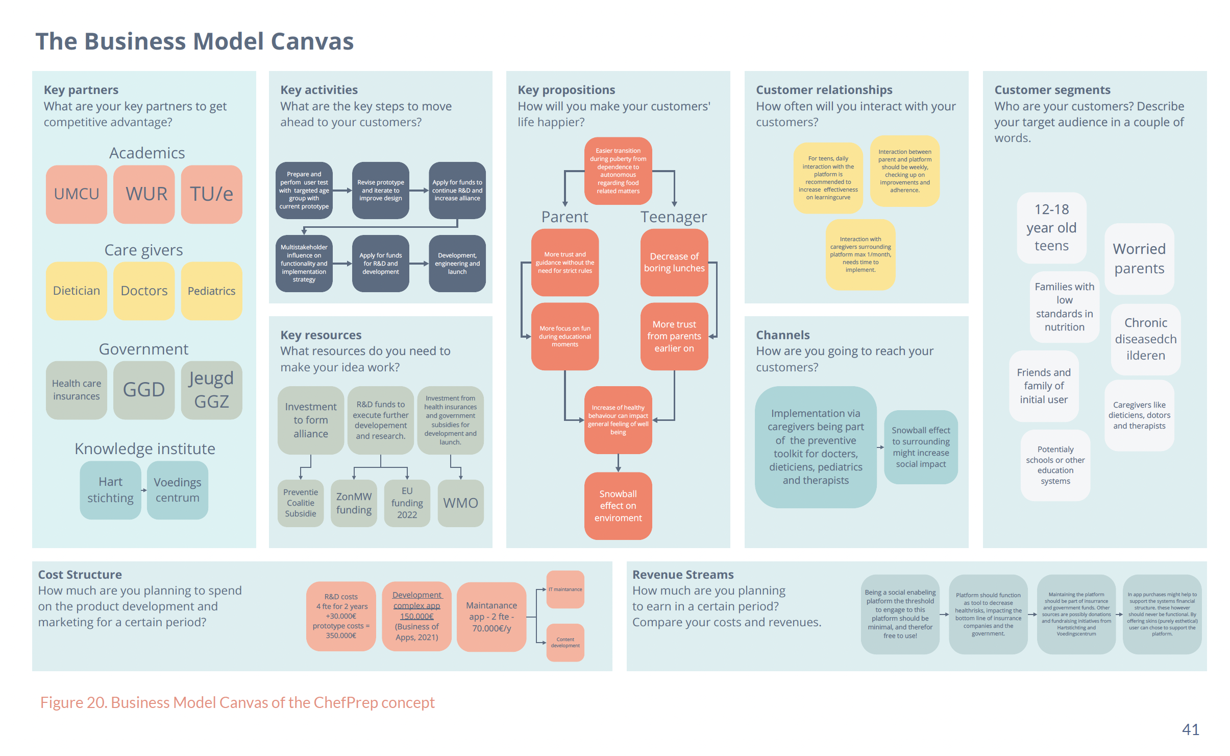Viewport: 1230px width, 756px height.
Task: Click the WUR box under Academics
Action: click(x=144, y=194)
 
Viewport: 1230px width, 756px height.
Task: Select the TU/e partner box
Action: click(x=211, y=194)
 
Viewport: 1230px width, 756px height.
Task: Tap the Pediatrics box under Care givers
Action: click(x=211, y=291)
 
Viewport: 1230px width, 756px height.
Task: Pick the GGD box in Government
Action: click(x=144, y=390)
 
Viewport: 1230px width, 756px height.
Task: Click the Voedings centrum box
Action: click(x=178, y=490)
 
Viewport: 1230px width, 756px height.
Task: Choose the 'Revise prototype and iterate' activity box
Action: click(x=380, y=191)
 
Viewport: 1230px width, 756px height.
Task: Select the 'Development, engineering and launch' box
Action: click(x=457, y=264)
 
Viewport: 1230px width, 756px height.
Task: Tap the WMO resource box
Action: click(x=460, y=503)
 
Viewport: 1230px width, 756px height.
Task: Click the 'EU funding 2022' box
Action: click(x=407, y=503)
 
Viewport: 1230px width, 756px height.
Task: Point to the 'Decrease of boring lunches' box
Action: click(x=674, y=263)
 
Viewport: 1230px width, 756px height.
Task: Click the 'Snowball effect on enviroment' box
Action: click(x=618, y=506)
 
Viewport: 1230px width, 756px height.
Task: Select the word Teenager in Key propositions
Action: click(x=674, y=217)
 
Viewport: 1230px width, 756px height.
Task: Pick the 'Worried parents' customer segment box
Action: click(x=1139, y=258)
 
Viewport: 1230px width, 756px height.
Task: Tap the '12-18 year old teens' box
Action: click(x=1051, y=228)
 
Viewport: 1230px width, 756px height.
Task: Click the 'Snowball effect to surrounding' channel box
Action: click(x=921, y=447)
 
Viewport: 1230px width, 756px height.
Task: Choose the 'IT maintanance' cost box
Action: click(x=565, y=589)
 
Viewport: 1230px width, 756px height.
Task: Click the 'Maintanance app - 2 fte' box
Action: click(x=491, y=617)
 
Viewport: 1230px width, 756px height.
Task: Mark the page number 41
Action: click(x=1190, y=729)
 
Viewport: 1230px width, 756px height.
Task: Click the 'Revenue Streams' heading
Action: click(x=683, y=575)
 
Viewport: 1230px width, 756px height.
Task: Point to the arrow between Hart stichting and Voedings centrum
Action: click(x=144, y=490)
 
